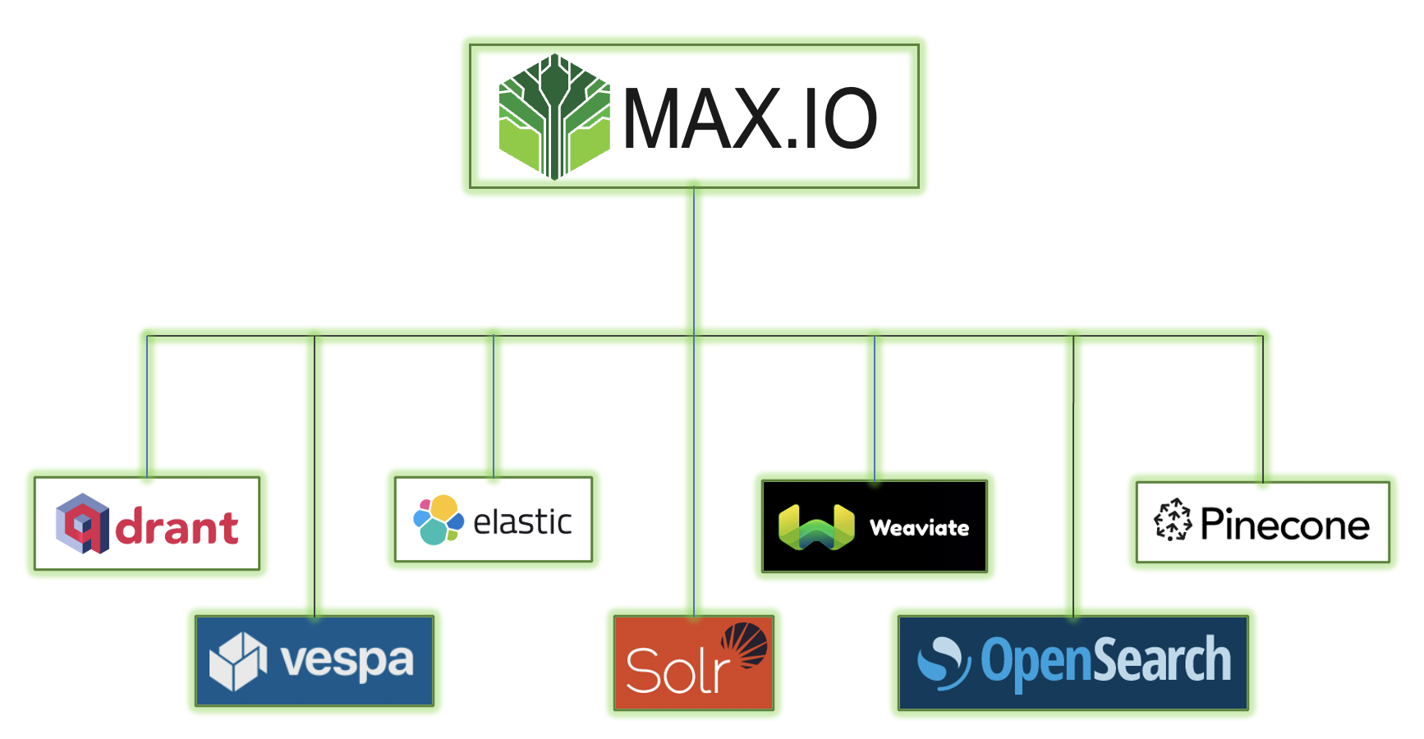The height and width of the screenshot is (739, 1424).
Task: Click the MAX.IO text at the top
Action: tap(750, 120)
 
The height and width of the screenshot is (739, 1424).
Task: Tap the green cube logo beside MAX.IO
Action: tap(554, 117)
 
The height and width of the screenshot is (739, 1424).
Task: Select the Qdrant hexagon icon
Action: tap(82, 523)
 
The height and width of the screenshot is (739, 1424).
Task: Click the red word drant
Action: tap(177, 527)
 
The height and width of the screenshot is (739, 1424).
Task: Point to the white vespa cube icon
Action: tap(238, 661)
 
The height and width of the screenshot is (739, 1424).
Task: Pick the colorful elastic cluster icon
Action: tap(438, 520)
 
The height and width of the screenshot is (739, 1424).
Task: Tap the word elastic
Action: tap(522, 522)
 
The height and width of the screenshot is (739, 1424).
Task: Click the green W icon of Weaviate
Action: tap(816, 527)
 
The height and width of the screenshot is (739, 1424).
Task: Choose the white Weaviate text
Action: tap(919, 528)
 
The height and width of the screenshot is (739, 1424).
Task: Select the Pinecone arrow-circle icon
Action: tap(1173, 520)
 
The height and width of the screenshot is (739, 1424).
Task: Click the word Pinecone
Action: tap(1284, 525)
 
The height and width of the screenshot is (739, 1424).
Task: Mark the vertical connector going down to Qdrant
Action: tap(147, 406)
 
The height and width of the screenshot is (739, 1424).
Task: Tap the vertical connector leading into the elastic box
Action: tap(494, 406)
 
